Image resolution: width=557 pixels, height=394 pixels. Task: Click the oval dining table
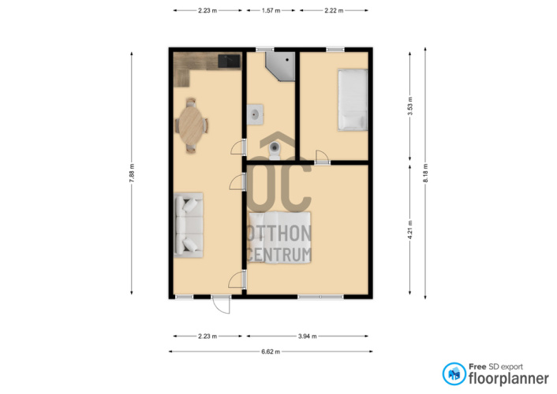tap(192, 125)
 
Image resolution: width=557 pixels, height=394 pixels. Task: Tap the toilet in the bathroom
tap(275, 151)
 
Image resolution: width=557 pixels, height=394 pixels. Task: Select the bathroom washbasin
tap(255, 114)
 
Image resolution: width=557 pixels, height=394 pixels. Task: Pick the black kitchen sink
tap(229, 61)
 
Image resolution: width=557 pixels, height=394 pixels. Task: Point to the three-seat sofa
tap(189, 225)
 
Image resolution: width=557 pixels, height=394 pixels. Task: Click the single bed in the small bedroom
tap(353, 100)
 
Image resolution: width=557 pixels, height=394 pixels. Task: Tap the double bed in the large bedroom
tap(279, 237)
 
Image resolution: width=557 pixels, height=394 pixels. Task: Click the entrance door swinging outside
tap(222, 305)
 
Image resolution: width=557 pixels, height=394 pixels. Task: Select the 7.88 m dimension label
tap(132, 173)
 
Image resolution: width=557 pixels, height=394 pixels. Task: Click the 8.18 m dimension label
tap(425, 173)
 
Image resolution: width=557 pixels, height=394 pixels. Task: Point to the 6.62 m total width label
tap(271, 351)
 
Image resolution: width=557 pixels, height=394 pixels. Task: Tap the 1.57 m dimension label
tap(271, 11)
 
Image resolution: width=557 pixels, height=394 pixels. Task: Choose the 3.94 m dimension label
tap(307, 336)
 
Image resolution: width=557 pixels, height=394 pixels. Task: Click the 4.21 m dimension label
tap(410, 229)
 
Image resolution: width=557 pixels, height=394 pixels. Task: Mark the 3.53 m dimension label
tap(410, 106)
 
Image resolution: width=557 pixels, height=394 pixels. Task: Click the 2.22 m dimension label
tap(334, 11)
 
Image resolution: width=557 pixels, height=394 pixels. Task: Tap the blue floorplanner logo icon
tap(454, 374)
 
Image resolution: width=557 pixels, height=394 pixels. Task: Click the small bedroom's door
tap(322, 158)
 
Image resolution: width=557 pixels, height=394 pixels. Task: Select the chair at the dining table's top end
tap(191, 102)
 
